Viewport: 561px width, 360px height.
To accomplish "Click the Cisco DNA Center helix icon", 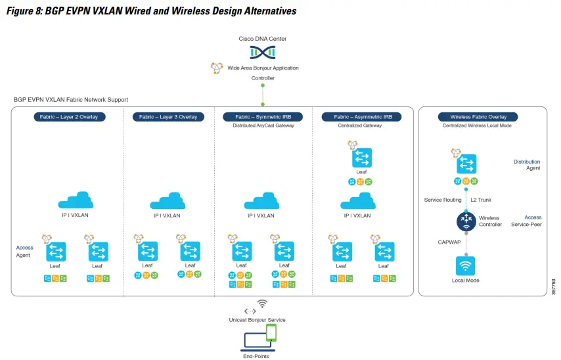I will [263, 51].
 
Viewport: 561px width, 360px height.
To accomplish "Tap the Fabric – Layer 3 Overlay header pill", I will [168, 117].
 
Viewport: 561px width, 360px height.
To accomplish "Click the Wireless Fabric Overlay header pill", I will [478, 117].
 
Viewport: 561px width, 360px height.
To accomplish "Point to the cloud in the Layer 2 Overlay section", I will [76, 200].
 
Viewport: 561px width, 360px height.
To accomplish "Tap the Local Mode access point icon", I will [466, 266].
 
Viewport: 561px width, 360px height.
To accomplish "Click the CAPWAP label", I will [449, 242].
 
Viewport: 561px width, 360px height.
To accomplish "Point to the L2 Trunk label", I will [481, 200].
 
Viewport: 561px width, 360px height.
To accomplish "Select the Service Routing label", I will [443, 200].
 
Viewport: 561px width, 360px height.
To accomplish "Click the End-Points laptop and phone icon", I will [261, 338].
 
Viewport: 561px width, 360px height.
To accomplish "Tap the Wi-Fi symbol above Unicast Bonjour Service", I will [262, 304].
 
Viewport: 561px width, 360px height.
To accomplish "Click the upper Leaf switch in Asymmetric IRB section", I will [362, 158].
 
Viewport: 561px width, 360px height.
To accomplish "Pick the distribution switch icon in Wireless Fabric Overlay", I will [466, 164].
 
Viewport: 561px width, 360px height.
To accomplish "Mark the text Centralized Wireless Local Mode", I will [477, 125].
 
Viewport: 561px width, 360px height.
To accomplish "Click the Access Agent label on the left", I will [25, 252].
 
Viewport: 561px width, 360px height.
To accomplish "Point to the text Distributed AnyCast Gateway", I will [263, 125].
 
